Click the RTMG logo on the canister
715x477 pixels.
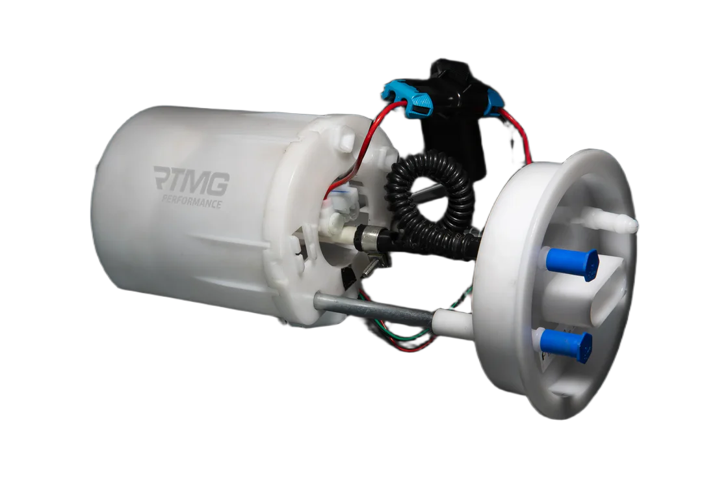click(x=191, y=180)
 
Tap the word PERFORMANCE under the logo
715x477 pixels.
click(x=192, y=201)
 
